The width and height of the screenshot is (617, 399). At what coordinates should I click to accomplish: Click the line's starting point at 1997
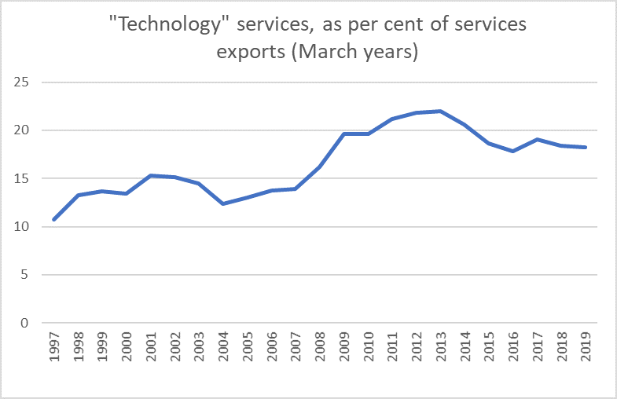53,219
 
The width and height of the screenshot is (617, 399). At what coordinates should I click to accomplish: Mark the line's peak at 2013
442,111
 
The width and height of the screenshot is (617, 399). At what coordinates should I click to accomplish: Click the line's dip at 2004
223,203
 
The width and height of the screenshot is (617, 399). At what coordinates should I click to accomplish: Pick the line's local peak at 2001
150,175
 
